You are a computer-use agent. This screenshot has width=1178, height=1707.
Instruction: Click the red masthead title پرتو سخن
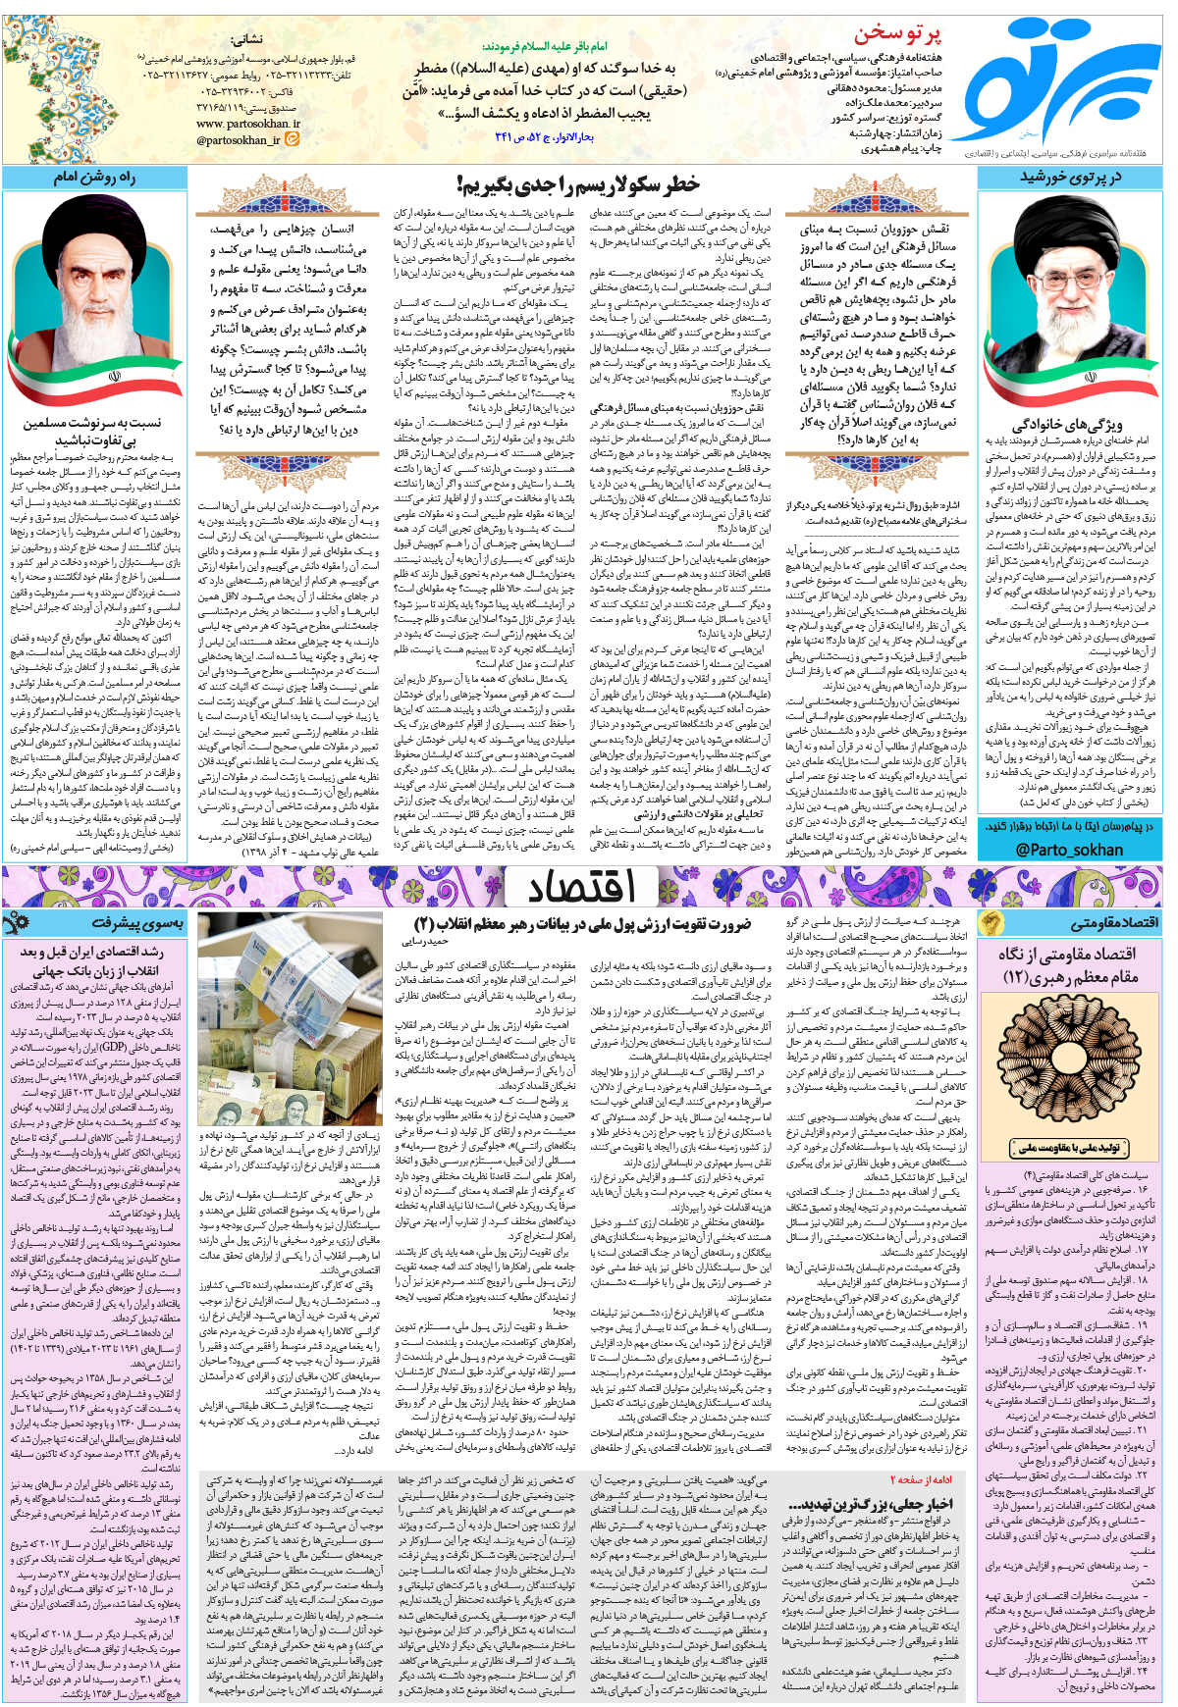896,35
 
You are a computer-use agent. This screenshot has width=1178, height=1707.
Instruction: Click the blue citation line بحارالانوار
544,137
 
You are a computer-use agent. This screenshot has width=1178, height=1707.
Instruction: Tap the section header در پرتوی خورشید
1070,178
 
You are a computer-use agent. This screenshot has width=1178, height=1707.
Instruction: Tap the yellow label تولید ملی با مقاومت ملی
1069,1147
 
